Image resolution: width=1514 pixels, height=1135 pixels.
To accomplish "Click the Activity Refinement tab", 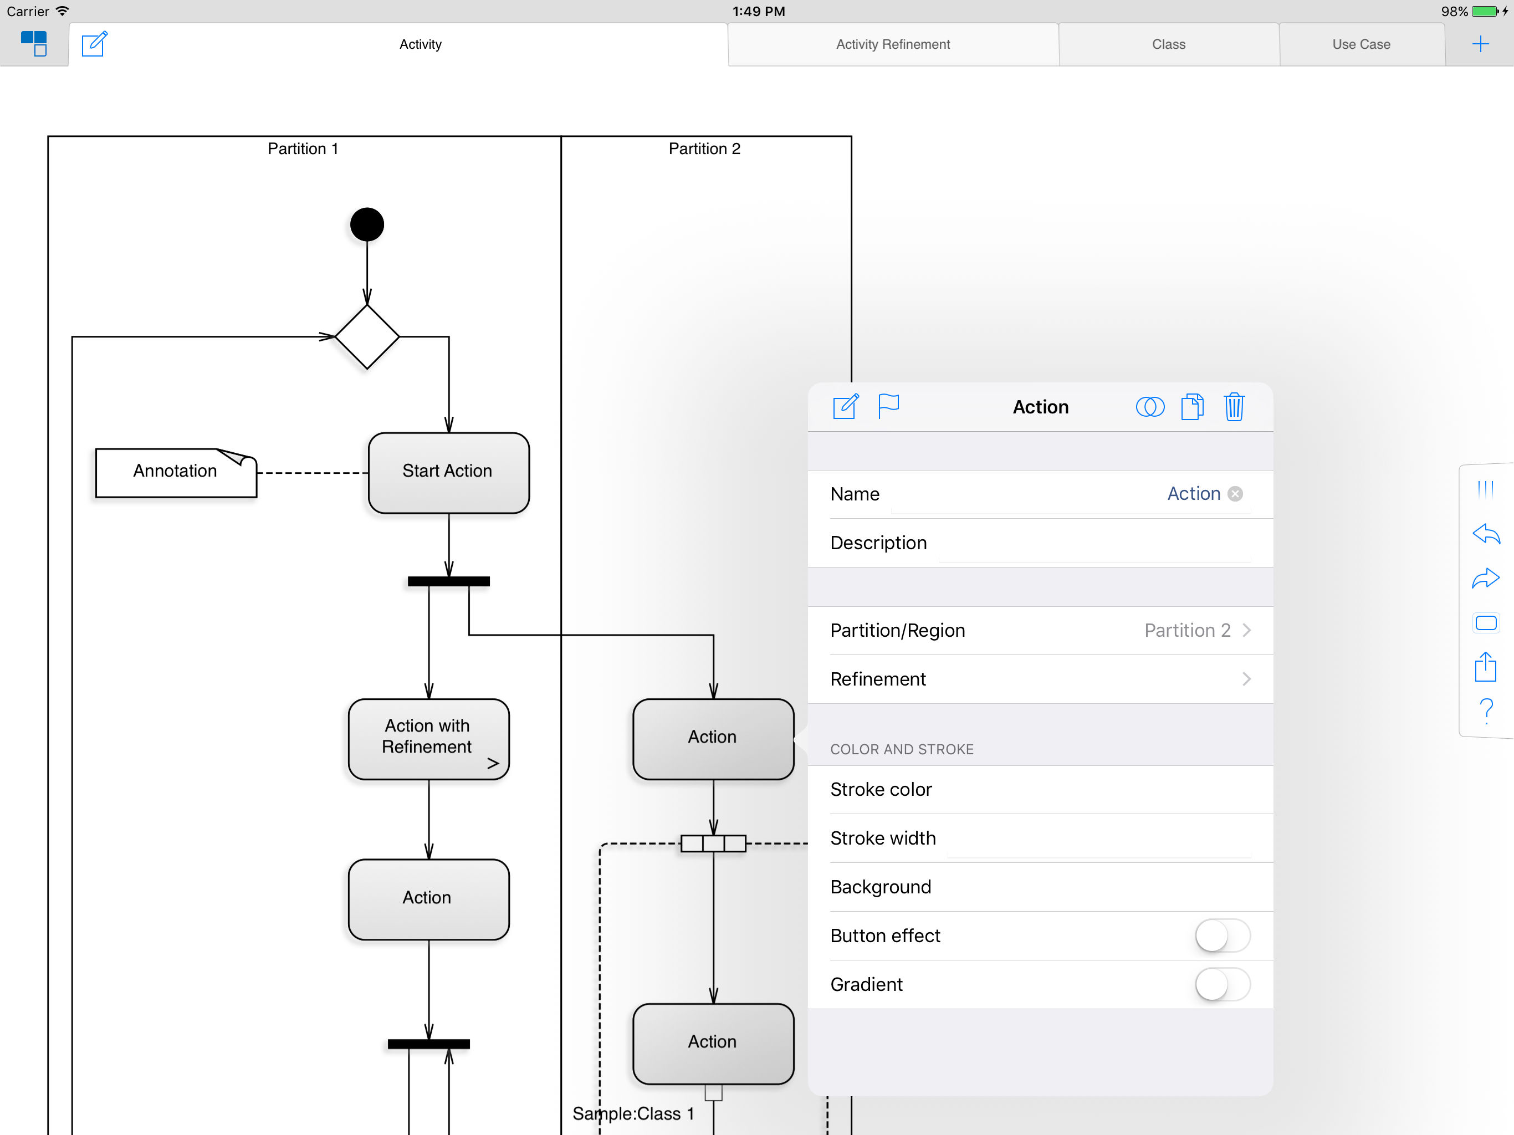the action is [x=893, y=44].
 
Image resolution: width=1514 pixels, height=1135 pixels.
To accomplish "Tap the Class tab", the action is [x=1168, y=44].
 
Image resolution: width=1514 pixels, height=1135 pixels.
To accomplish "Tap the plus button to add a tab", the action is [x=1480, y=44].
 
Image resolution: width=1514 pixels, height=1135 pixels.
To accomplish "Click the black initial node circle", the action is [x=367, y=224].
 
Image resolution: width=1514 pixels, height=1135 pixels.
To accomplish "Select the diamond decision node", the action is [x=367, y=337].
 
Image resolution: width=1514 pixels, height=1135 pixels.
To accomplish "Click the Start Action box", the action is [x=448, y=472].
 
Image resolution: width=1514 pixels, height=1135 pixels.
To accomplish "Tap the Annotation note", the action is [x=176, y=472].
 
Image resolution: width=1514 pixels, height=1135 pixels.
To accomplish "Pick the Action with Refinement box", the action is [x=428, y=739].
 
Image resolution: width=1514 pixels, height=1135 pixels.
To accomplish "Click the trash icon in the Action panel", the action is [x=1234, y=407].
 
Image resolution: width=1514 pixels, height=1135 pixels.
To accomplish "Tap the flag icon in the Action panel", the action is [x=888, y=406].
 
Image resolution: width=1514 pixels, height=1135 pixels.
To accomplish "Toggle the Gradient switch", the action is [x=1223, y=984].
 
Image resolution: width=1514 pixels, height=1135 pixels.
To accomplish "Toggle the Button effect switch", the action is [x=1223, y=936].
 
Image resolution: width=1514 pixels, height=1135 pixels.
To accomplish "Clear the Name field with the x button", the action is [x=1235, y=494].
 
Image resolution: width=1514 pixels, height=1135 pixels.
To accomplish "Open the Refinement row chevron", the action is [x=1246, y=679].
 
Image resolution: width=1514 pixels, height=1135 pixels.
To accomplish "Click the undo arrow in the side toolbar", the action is [x=1486, y=533].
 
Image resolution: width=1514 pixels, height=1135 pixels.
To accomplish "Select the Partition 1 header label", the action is [x=303, y=149].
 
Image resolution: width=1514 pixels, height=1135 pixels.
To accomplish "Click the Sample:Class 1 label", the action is [x=633, y=1114].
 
